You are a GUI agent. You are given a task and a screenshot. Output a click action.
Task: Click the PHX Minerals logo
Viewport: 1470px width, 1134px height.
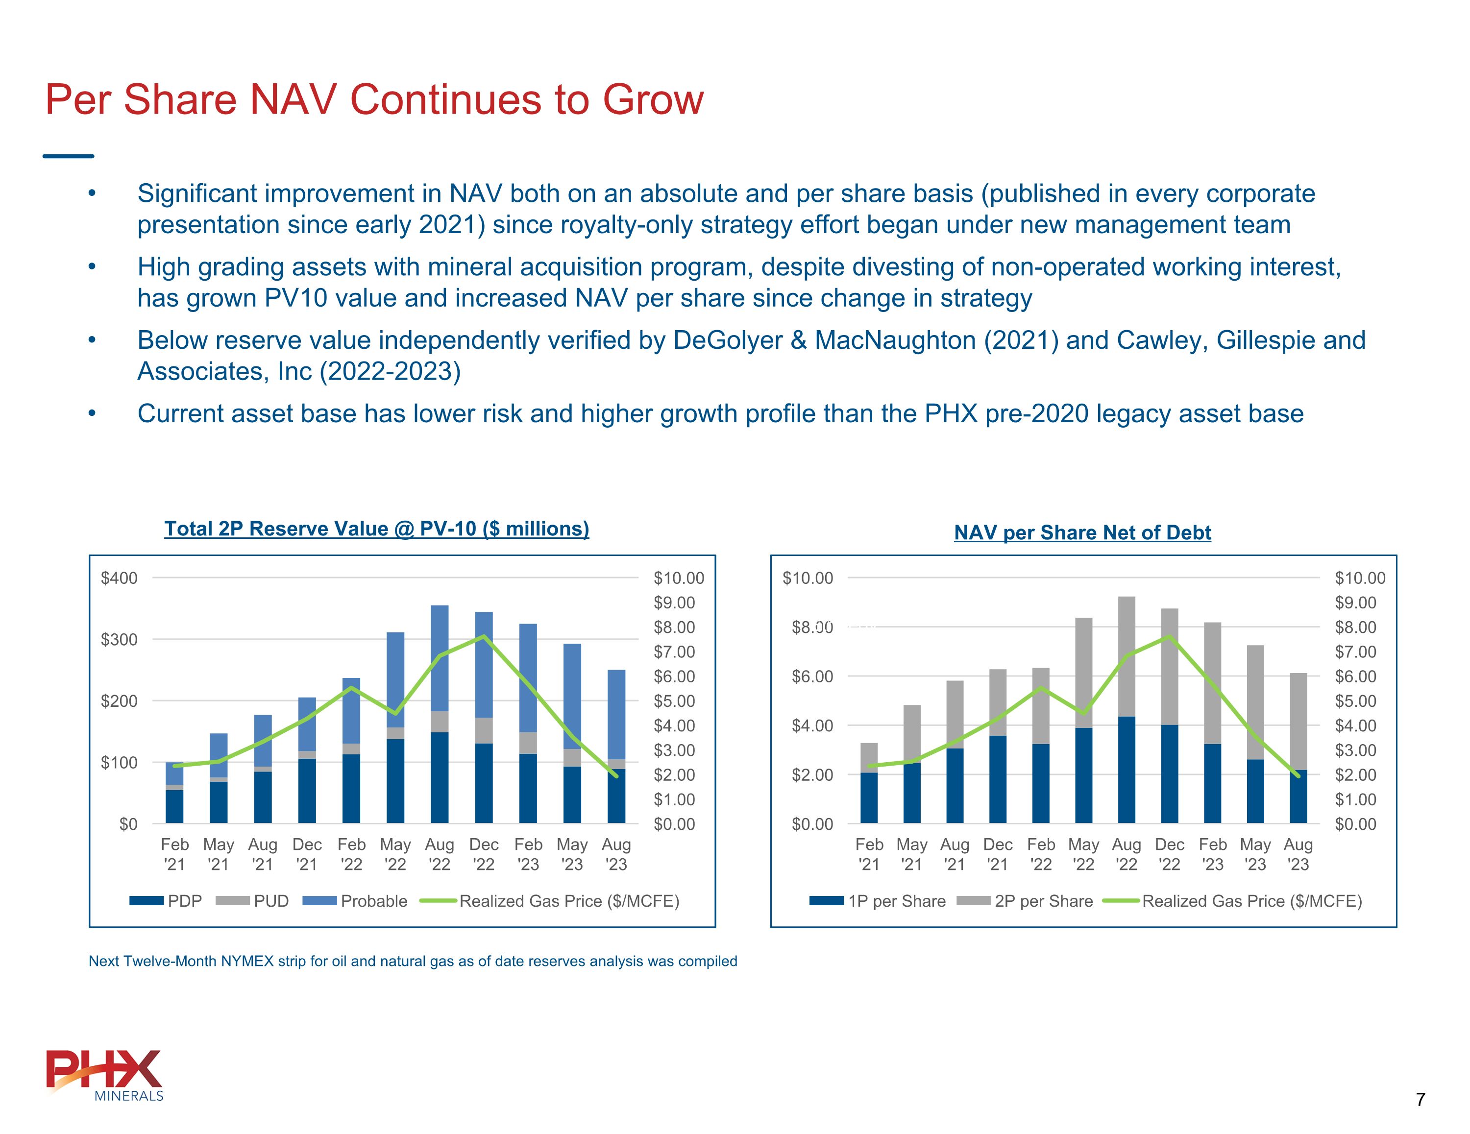click(x=104, y=1075)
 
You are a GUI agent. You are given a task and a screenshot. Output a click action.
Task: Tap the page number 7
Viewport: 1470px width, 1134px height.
click(x=1420, y=1100)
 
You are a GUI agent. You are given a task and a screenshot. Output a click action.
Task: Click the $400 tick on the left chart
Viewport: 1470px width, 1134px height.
click(x=119, y=578)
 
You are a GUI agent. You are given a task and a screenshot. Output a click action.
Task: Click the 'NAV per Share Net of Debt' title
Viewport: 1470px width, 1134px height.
click(x=1082, y=533)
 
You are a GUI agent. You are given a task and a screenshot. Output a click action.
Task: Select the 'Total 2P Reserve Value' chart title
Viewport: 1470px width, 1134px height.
click(x=376, y=529)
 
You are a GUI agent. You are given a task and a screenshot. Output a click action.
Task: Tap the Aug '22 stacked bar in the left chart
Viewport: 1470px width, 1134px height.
click(x=440, y=713)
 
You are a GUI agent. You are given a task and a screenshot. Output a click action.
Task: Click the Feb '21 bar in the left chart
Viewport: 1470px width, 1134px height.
click(x=174, y=793)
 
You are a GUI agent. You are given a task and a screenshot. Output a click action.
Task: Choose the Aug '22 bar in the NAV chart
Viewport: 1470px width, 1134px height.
click(x=1127, y=710)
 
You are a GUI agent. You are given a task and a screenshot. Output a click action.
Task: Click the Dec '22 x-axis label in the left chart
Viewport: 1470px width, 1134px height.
click(x=484, y=854)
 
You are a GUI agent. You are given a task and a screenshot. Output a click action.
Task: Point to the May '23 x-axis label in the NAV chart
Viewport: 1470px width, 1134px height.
click(x=1255, y=854)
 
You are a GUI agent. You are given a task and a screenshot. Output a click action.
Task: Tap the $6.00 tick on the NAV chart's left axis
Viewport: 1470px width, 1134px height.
click(x=812, y=676)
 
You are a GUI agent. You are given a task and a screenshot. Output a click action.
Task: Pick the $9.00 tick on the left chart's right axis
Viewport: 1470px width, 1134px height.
click(x=674, y=603)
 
